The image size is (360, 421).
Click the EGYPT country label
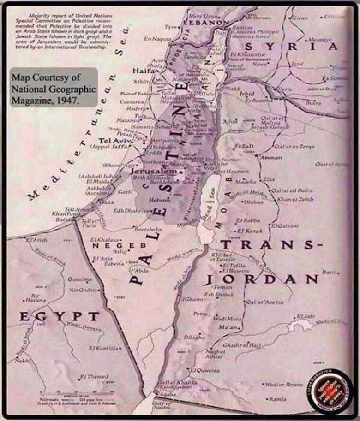[59, 316]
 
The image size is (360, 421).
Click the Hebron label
[160, 200]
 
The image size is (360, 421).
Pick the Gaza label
[106, 202]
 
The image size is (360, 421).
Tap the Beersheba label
[148, 229]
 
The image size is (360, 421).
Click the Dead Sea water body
[208, 203]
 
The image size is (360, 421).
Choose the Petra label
[200, 314]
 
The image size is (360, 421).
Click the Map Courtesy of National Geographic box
[53, 87]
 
